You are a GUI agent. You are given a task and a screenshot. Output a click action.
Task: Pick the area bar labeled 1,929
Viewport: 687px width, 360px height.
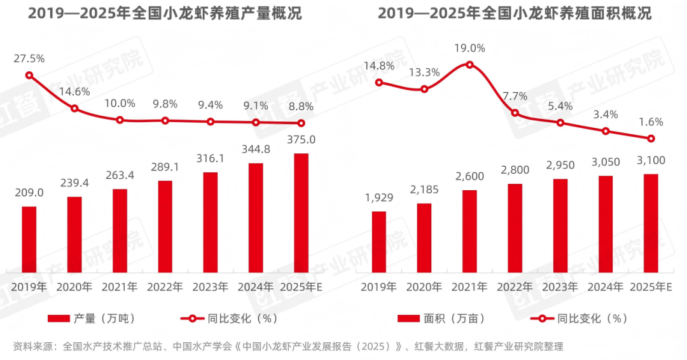379,240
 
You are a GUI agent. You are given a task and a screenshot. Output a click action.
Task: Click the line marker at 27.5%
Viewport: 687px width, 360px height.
29,75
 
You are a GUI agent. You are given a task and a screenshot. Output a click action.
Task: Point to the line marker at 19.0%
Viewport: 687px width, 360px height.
469,64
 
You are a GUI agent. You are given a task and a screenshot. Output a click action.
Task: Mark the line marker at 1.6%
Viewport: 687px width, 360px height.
651,139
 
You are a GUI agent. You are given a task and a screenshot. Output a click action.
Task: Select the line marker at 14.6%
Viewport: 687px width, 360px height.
74,108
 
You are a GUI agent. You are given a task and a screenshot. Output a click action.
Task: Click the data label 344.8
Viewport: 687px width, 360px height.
256,150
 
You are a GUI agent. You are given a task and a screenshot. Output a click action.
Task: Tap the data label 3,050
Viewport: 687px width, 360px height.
605,162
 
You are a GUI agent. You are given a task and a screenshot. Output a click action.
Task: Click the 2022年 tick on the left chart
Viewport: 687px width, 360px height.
165,287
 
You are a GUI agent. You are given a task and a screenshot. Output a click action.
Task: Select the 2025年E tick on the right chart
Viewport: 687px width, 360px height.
651,287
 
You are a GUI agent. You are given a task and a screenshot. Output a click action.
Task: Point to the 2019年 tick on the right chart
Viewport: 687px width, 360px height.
379,287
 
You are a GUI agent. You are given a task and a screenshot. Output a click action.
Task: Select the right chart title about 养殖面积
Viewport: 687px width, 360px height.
515,13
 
